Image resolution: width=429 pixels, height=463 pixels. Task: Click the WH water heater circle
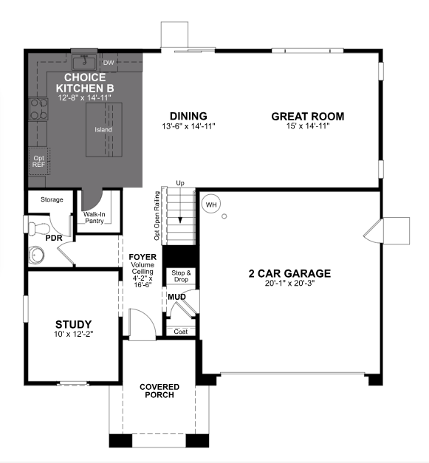click(212, 204)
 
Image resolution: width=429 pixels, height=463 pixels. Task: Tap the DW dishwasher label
click(109, 63)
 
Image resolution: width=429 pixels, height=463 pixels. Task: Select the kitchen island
click(103, 130)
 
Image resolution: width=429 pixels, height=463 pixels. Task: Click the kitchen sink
click(85, 61)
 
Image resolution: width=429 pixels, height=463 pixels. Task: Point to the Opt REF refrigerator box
click(38, 161)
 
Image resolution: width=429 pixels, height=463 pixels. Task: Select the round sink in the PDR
click(36, 255)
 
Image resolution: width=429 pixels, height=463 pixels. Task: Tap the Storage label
click(52, 200)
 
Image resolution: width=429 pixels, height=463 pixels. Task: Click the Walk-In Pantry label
click(94, 216)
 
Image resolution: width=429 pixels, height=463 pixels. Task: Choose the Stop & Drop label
click(181, 277)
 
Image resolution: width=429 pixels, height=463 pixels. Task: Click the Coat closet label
click(180, 332)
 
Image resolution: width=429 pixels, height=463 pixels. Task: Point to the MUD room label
click(176, 297)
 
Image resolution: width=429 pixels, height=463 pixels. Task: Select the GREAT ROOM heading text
click(307, 116)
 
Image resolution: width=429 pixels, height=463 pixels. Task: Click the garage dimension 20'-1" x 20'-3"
click(289, 284)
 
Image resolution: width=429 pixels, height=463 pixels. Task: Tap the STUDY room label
click(74, 324)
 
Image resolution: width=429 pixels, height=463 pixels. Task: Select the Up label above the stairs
click(179, 182)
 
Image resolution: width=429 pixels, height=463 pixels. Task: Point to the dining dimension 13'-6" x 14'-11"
click(188, 126)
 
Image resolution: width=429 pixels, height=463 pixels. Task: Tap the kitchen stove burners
click(38, 109)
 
